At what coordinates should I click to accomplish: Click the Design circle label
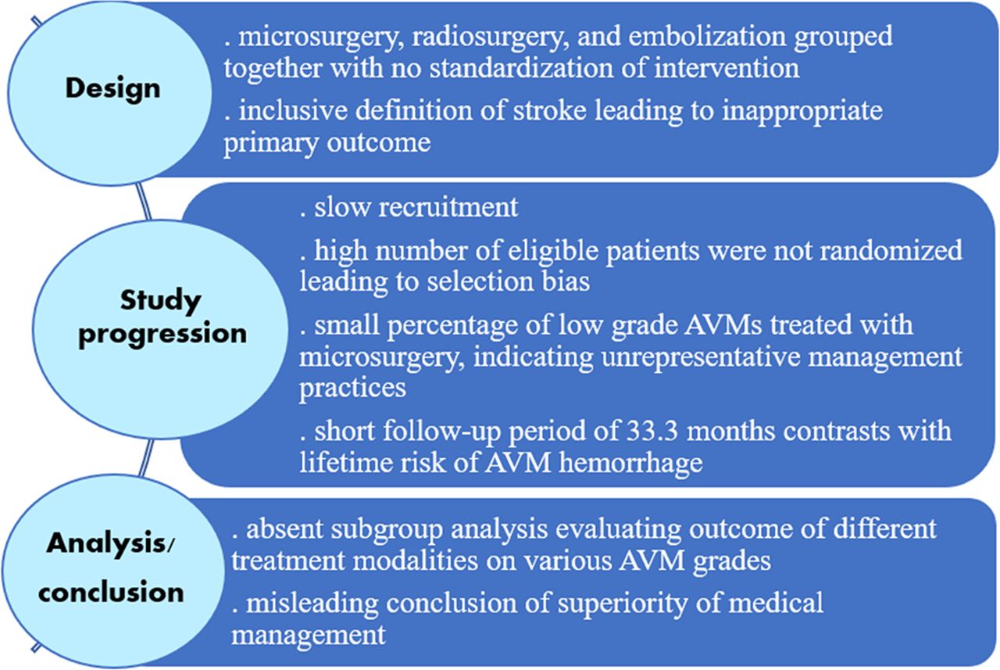point(113,88)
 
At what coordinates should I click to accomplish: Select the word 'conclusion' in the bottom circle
point(111,592)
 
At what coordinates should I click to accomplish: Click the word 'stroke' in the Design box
point(549,110)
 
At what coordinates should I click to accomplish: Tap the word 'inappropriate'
point(802,112)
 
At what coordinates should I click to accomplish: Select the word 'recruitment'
point(448,207)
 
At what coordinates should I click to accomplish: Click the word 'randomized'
point(890,249)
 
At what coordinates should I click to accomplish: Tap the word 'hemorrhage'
point(630,463)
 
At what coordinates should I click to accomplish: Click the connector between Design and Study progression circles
point(143,201)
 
